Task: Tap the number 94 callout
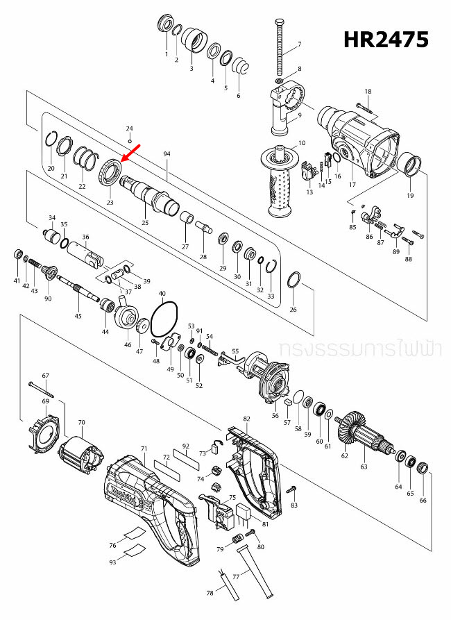[x=167, y=153]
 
